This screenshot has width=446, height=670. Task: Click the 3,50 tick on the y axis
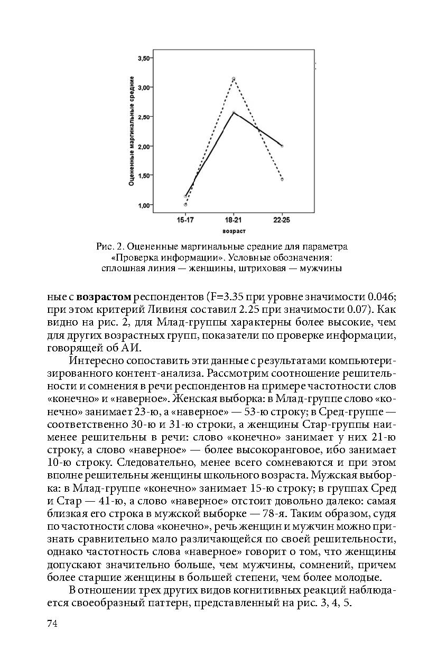pyautogui.click(x=144, y=58)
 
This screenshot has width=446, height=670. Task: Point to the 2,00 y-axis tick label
pyautogui.click(x=144, y=146)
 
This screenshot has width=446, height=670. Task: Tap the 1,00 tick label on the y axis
pyautogui.click(x=144, y=205)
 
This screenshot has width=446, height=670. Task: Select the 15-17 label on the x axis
pyautogui.click(x=185, y=220)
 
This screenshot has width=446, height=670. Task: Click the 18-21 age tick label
pyautogui.click(x=233, y=220)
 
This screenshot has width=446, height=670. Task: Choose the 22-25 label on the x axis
pyautogui.click(x=282, y=220)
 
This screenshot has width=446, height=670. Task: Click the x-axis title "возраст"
pyautogui.click(x=234, y=231)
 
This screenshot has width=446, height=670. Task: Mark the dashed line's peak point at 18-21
pyautogui.click(x=234, y=79)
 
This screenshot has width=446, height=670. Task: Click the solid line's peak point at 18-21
pyautogui.click(x=234, y=112)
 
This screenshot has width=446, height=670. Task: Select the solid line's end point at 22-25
pyautogui.click(x=282, y=146)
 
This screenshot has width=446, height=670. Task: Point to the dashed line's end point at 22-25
pyautogui.click(x=282, y=179)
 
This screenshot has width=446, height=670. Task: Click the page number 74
pyautogui.click(x=52, y=624)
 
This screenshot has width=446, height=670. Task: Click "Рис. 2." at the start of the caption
pyautogui.click(x=110, y=247)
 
